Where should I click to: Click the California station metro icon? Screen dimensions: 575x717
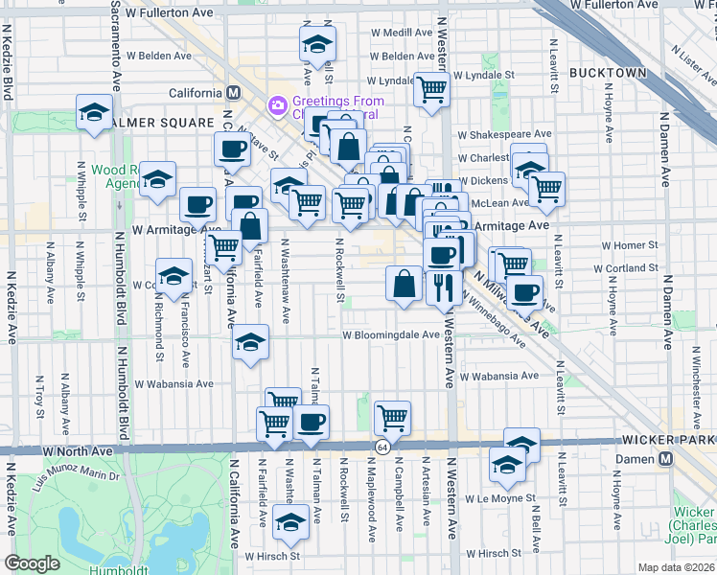tap(232, 93)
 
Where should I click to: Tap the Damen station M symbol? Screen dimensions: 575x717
tap(665, 459)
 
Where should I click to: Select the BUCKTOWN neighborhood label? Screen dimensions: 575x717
tap(609, 73)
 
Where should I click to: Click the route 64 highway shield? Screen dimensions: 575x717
tap(382, 448)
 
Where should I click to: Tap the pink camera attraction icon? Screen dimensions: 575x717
tap(278, 103)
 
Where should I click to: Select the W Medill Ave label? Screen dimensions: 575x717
tap(402, 33)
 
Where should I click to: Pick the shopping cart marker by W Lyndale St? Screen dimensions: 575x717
tap(431, 89)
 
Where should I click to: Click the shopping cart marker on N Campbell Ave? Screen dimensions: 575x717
tap(392, 417)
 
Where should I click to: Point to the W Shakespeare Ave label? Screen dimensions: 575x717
tap(504, 134)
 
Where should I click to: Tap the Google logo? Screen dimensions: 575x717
tap(32, 563)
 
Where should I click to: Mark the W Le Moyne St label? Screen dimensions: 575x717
tap(497, 499)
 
